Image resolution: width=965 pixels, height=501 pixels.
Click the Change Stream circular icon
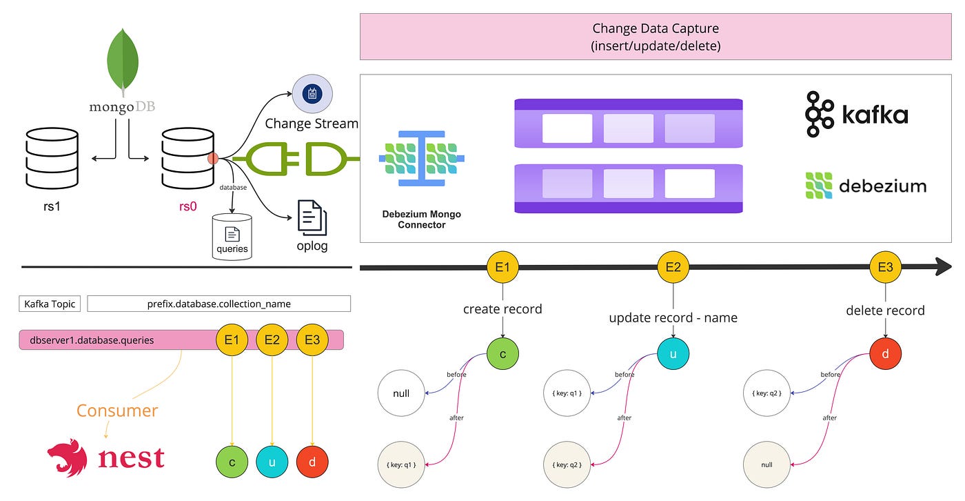312,94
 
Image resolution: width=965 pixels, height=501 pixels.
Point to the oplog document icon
312,217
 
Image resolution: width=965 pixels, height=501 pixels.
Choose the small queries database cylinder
232,236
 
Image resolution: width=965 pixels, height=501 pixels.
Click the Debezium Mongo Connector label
421,219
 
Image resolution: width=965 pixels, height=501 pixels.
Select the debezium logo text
882,186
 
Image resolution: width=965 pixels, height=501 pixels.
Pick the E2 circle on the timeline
673,267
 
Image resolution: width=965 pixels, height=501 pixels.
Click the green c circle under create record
502,353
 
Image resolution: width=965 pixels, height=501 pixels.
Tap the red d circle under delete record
885,353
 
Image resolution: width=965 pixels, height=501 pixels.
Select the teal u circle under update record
673,353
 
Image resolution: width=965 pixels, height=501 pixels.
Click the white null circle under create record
400,393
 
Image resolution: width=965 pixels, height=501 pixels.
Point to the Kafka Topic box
50,304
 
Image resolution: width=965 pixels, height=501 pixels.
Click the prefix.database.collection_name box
219,304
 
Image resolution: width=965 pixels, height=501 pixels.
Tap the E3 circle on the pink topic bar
312,340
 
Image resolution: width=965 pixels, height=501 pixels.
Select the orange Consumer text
117,411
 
